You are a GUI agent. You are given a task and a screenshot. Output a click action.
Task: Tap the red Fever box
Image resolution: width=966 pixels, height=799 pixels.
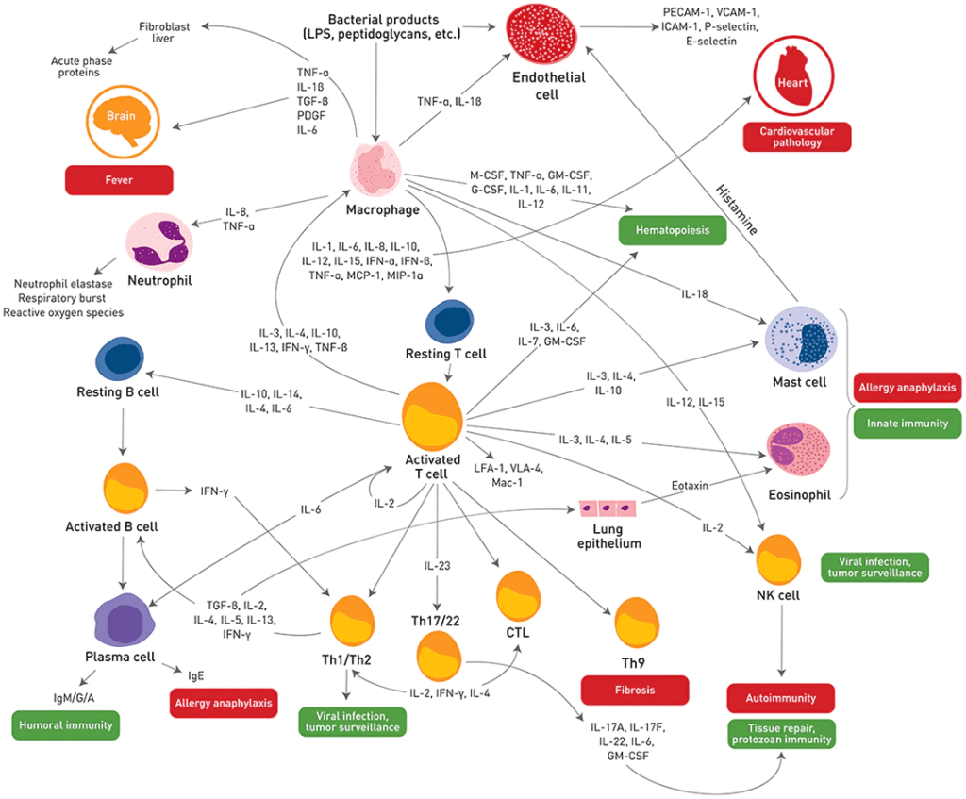[x=118, y=179]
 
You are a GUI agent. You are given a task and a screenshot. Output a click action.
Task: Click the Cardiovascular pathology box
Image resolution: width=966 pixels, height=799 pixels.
[x=796, y=137]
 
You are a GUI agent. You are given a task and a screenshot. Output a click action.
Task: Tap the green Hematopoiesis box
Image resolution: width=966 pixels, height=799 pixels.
[x=672, y=230]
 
